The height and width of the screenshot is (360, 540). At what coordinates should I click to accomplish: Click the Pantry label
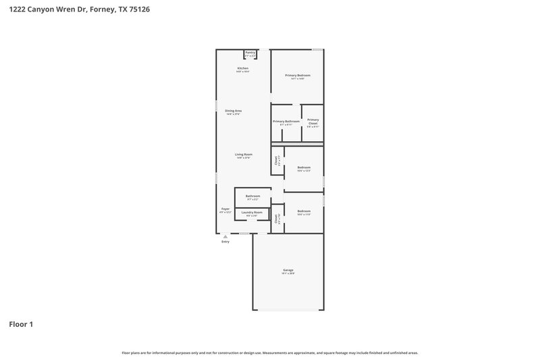coord(250,52)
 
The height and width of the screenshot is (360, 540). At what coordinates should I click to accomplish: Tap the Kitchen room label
coord(242,69)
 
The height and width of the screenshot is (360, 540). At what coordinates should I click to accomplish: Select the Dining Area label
coord(234,111)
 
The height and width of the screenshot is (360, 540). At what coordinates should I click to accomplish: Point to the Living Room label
coord(243,155)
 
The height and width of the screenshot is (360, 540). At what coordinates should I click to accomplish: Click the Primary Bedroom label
coord(297,75)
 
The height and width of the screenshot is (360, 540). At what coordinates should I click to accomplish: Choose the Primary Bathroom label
coord(286,122)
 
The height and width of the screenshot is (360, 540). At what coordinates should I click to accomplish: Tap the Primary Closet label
coord(313,122)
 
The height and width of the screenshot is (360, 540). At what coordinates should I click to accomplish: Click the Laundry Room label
coord(252,213)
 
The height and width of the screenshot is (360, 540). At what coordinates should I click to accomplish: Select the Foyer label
coord(225,209)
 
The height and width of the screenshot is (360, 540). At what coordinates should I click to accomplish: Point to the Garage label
coord(288,270)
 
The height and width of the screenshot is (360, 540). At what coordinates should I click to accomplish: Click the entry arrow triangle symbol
coord(225,236)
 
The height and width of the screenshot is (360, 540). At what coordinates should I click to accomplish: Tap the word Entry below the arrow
coord(225,242)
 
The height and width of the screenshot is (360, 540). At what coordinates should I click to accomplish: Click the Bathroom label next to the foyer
coord(252,197)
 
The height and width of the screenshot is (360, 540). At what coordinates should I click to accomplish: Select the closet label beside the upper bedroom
coord(277,161)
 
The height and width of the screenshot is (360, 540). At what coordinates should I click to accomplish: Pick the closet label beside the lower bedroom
coord(277,219)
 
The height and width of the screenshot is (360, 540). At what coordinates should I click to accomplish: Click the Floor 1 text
coord(21,324)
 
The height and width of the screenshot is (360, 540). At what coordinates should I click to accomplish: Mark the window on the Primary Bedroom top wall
coord(317,49)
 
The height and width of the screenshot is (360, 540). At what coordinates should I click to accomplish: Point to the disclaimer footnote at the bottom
coord(270,353)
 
